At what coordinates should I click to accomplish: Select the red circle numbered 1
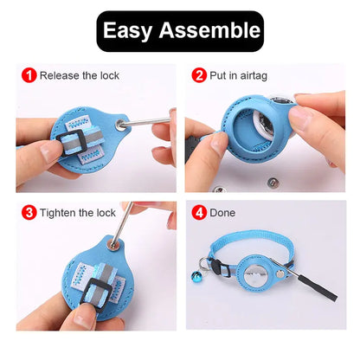pyautogui.click(x=29, y=75)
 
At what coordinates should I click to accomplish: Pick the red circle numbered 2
pyautogui.click(x=199, y=75)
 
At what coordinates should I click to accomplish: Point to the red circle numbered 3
pyautogui.click(x=29, y=212)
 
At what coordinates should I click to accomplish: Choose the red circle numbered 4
pyautogui.click(x=199, y=212)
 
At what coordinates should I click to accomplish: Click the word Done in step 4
pyautogui.click(x=222, y=213)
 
